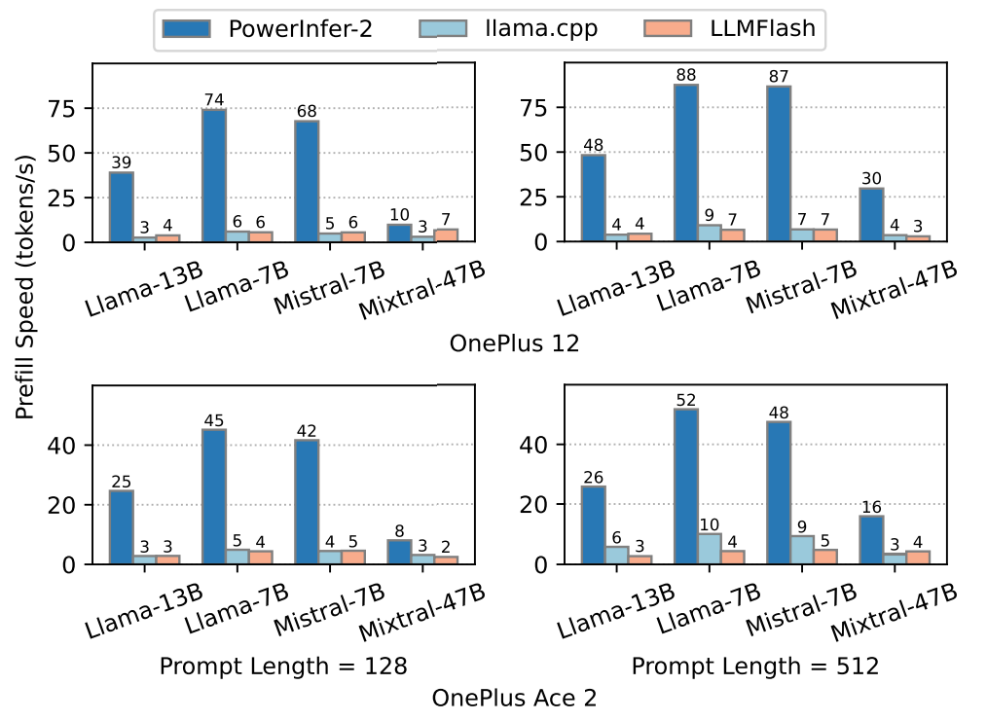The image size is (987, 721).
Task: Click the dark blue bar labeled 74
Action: tap(214, 175)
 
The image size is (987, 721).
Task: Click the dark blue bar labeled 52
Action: tap(686, 487)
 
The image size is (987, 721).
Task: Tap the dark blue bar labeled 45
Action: tap(214, 496)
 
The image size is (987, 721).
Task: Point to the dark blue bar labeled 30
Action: tap(871, 214)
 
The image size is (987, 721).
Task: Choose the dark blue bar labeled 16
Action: tap(871, 540)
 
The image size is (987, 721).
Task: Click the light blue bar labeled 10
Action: tap(710, 549)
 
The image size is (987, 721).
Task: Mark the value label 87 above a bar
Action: tap(779, 75)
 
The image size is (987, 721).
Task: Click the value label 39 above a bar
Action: tap(122, 162)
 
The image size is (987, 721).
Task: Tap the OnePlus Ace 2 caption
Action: tap(514, 698)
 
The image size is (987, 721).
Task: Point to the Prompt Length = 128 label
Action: tap(282, 667)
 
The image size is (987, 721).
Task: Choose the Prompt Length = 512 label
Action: tap(755, 667)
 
